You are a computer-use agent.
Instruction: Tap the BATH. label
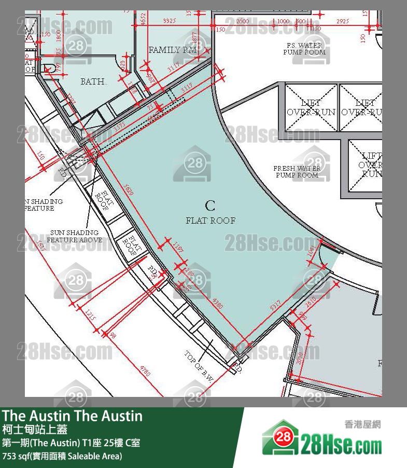coord(93,81)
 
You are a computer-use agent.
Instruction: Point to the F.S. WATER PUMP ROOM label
coord(304,49)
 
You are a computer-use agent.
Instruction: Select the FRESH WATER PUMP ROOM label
coord(297,172)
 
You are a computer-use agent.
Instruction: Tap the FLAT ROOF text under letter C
coord(210,221)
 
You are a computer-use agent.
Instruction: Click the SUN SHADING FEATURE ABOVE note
coord(75,237)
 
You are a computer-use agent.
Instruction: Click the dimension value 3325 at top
coord(170,21)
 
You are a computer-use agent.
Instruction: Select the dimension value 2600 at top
coord(242,21)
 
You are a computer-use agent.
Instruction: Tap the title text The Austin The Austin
coord(72,416)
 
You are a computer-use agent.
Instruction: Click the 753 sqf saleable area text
coord(62,456)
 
